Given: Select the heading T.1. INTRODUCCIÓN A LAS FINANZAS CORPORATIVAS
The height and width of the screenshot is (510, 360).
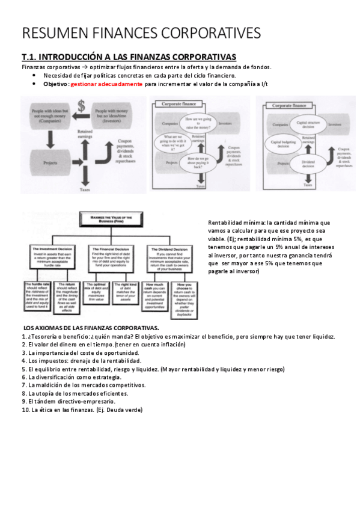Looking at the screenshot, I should (x=129, y=57).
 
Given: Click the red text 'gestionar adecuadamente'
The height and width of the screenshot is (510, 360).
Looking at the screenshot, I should (x=106, y=84).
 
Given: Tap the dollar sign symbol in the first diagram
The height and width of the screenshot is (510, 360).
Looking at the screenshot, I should (x=82, y=108).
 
